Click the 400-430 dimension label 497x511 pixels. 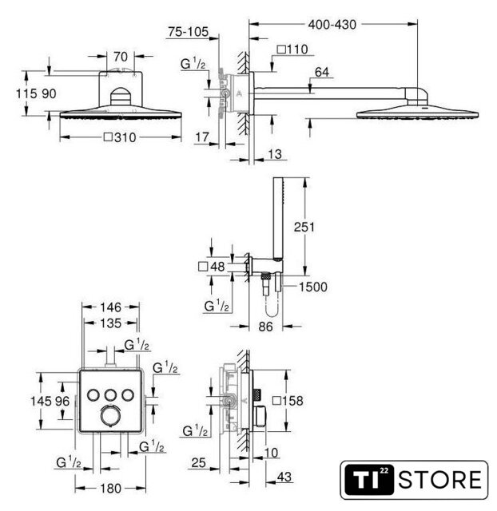(x=332, y=25)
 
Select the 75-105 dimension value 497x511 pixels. (x=188, y=32)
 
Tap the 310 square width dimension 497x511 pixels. (x=120, y=137)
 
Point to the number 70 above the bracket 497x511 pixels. (x=121, y=57)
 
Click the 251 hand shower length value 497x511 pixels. (x=304, y=227)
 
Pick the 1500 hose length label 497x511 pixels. (x=313, y=287)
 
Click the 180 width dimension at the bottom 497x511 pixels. (x=110, y=489)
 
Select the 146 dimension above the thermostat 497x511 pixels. (x=110, y=307)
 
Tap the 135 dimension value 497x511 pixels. (x=110, y=323)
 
